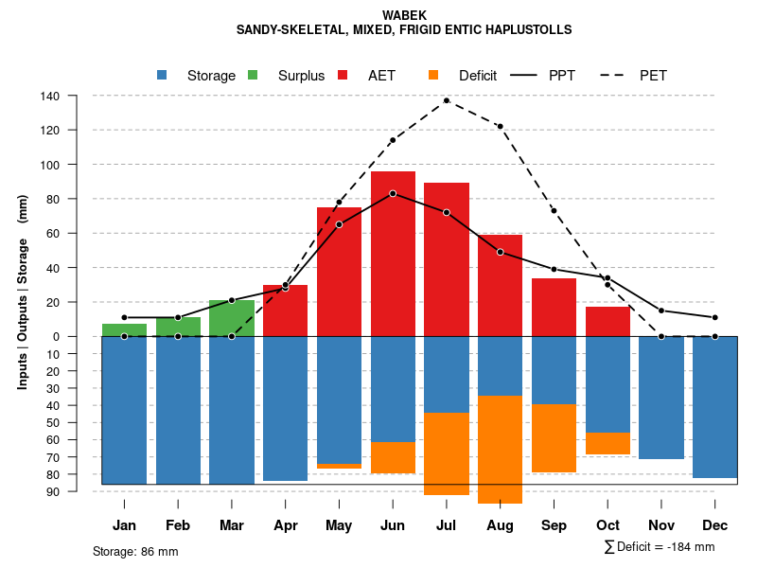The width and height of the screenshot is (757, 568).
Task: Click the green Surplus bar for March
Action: point(232,318)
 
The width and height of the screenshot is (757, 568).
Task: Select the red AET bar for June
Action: point(393,254)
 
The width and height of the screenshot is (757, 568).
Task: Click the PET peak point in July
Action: point(447,100)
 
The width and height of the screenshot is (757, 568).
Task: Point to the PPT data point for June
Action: point(393,193)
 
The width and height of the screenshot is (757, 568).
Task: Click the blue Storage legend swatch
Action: point(162,76)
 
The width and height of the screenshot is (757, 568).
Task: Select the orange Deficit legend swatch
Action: point(433,76)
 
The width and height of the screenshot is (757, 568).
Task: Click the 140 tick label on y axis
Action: point(50,96)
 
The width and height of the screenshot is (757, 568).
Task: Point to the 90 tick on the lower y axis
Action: point(54,491)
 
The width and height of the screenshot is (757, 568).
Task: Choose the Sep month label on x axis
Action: point(554,525)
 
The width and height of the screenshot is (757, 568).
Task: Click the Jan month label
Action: point(124,525)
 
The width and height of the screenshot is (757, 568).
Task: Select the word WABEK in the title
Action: point(404,15)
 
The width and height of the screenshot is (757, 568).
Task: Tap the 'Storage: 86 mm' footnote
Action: point(135,551)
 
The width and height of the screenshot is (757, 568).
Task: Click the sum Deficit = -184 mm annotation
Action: point(659,547)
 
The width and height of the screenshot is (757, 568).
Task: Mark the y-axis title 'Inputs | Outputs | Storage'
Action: point(23,293)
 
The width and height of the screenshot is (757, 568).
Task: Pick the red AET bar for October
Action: point(607,321)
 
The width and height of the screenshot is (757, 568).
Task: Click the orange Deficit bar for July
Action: point(447,453)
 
